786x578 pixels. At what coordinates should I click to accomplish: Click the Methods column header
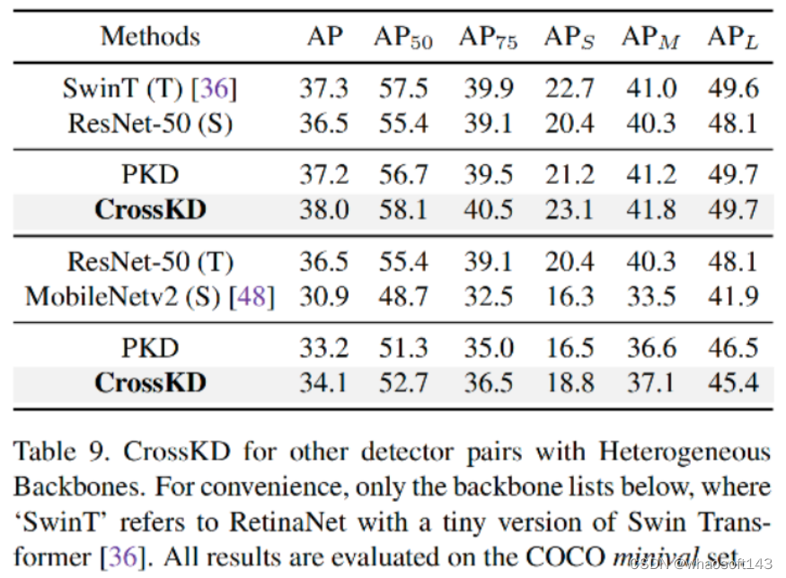[150, 37]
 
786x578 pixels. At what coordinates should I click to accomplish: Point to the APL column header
[733, 37]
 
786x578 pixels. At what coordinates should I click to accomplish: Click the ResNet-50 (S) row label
[150, 124]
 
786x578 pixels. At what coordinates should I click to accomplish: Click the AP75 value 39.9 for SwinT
[489, 89]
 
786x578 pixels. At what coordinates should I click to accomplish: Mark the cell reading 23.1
[569, 210]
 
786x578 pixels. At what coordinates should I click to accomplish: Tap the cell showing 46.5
[733, 348]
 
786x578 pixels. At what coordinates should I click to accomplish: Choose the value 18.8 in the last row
[569, 383]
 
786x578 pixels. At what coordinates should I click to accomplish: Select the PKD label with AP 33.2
[150, 348]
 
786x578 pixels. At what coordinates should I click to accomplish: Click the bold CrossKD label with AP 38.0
[150, 210]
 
